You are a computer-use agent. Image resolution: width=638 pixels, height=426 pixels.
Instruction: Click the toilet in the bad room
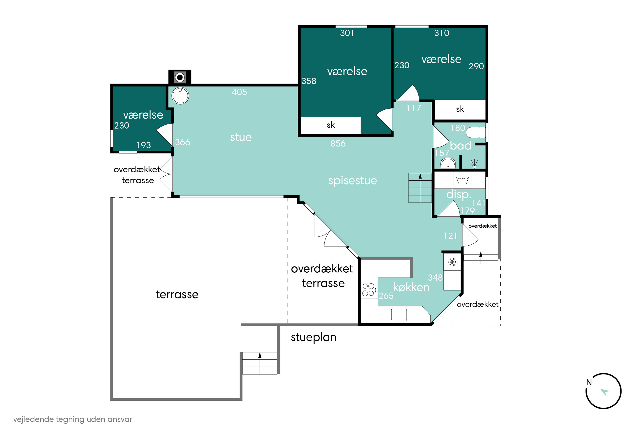(x=476, y=132)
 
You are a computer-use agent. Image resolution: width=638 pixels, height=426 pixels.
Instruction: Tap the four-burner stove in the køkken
(x=369, y=290)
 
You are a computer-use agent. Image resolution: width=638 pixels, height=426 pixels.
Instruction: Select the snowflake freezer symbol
(x=452, y=262)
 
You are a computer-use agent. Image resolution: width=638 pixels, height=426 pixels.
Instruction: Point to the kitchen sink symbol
(x=399, y=315)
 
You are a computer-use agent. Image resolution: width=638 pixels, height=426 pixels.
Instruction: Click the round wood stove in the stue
(x=180, y=96)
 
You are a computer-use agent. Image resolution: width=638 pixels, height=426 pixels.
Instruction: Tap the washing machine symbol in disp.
(x=462, y=180)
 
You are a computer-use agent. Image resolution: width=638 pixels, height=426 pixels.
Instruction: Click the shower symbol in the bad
(x=474, y=164)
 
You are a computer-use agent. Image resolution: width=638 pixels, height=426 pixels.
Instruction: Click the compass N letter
(x=589, y=382)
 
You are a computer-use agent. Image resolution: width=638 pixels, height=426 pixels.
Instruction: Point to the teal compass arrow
(x=605, y=392)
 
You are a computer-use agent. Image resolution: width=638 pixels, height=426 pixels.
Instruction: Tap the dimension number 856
(x=338, y=143)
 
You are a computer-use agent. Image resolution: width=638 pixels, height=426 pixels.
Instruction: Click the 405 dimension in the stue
(x=239, y=92)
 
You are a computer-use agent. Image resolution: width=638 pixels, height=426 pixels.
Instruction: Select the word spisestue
(x=353, y=181)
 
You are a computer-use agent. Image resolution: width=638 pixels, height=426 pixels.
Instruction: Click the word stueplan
(x=314, y=337)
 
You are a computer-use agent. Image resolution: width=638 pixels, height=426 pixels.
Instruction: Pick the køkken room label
(x=411, y=287)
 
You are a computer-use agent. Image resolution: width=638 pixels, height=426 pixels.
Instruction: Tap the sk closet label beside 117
(x=460, y=109)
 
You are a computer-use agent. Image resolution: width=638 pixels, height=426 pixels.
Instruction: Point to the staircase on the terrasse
(x=260, y=363)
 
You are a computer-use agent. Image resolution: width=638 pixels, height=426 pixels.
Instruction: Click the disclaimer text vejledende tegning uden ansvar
(x=73, y=419)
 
